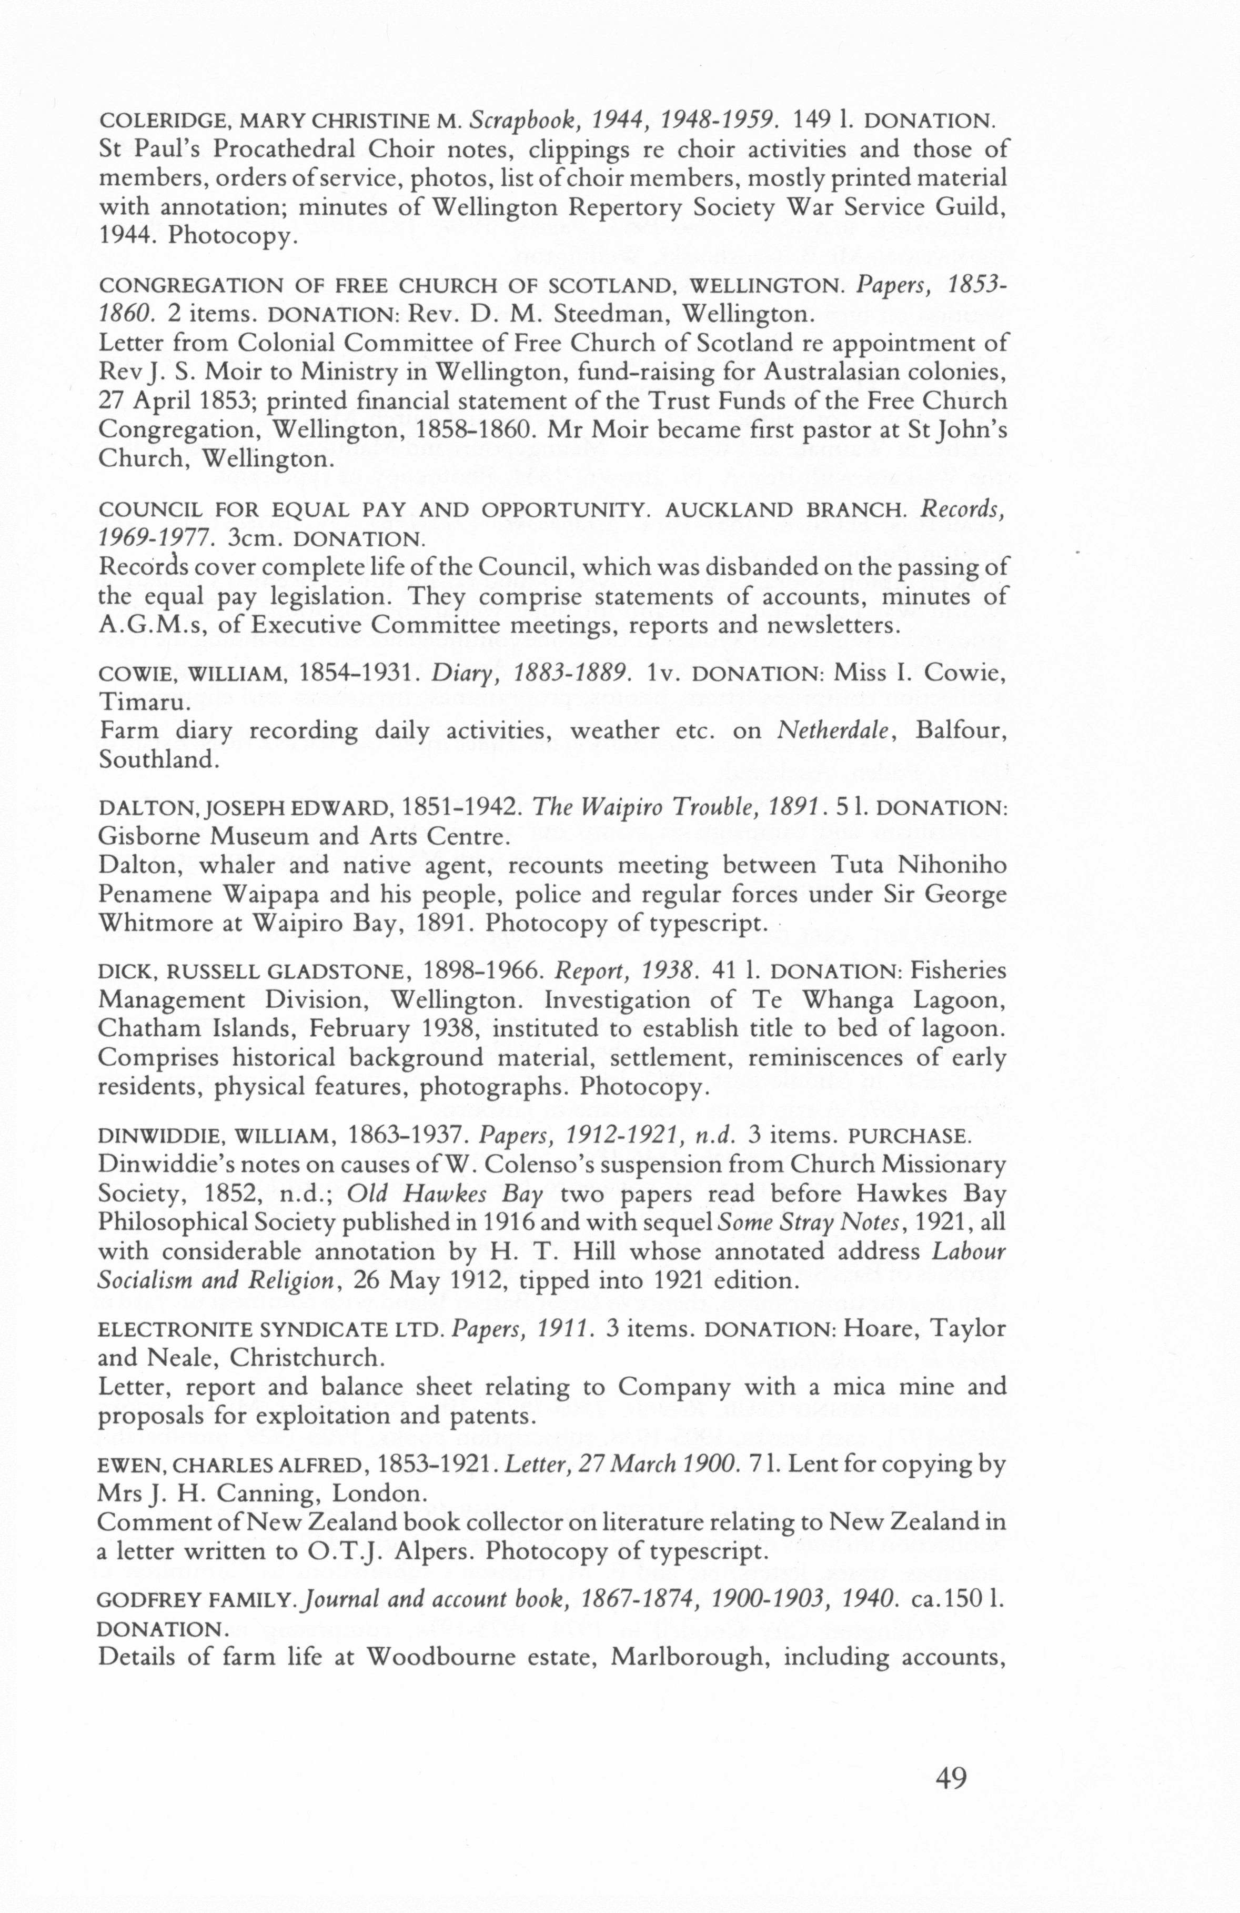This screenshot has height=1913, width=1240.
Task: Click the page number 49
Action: (951, 1778)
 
